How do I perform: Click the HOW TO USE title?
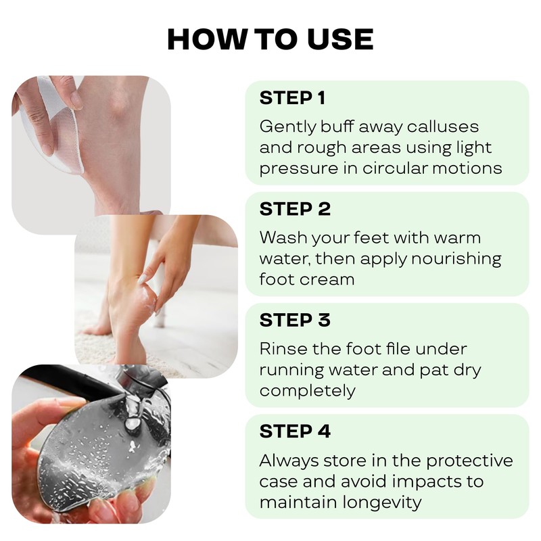pos(270,39)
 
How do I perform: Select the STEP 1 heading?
pos(292,98)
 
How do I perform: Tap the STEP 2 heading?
pos(295,210)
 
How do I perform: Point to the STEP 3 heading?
pos(295,321)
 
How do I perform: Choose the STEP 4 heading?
pos(295,431)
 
